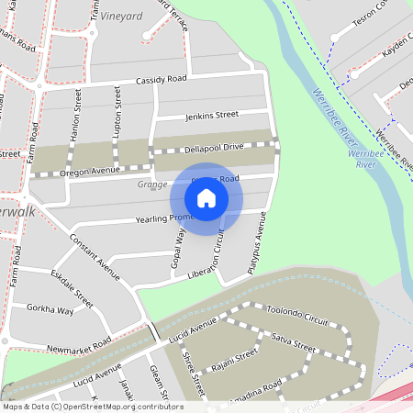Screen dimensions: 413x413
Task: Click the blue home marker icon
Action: point(206,198)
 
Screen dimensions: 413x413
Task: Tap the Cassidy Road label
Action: point(161,80)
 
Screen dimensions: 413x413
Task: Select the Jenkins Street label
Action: point(211,115)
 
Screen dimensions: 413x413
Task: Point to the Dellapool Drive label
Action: point(211,147)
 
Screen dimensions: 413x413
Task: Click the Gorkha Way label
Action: point(50,310)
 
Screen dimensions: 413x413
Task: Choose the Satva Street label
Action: point(294,344)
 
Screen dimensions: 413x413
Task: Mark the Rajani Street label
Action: point(234,363)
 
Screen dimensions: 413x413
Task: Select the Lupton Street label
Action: point(117,115)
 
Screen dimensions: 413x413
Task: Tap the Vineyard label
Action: point(121,17)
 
